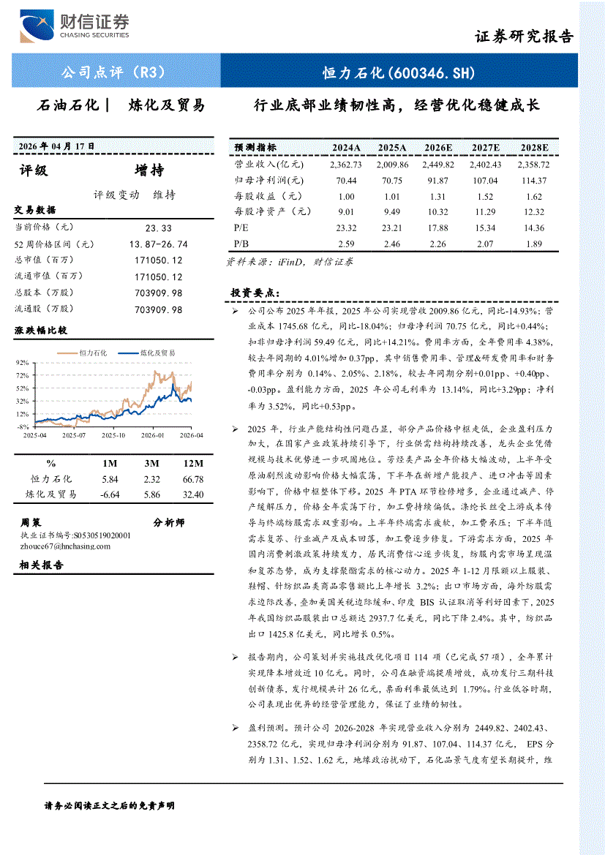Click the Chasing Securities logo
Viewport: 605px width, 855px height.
point(74,27)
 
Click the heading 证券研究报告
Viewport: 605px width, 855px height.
point(524,37)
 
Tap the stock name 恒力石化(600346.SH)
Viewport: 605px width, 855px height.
point(399,72)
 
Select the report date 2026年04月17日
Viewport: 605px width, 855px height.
point(57,146)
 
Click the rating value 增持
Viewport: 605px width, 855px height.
point(149,171)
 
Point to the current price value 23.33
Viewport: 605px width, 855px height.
point(158,228)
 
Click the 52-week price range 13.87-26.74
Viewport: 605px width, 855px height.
point(158,244)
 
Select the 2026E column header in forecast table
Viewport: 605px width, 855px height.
point(437,147)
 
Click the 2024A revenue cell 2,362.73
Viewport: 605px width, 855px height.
point(345,165)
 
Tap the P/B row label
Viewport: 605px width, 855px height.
point(241,244)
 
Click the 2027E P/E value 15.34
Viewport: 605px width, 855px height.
point(485,227)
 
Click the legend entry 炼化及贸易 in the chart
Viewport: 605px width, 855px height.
point(157,353)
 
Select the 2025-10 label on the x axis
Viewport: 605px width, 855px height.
point(113,435)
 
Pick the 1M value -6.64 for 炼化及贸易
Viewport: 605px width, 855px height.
point(110,495)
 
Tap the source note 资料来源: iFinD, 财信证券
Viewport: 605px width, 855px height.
point(290,261)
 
